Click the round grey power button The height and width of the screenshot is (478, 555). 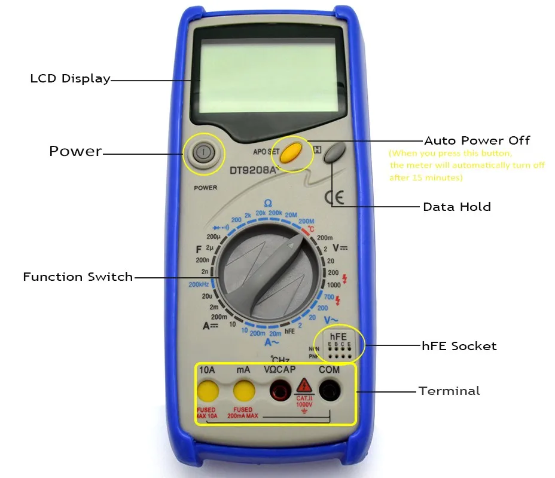pos(204,153)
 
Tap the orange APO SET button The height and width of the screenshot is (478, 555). pos(290,153)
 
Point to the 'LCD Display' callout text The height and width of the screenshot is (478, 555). pos(70,78)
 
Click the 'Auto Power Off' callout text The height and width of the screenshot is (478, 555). pos(477,141)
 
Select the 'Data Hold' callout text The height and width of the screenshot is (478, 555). pos(456,207)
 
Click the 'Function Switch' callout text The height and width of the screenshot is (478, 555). pos(78,277)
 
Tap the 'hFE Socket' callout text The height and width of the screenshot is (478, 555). pos(459,346)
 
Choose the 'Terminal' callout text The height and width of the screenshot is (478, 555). pos(449,391)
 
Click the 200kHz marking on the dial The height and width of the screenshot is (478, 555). pos(198,284)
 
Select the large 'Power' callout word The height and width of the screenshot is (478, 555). pos(75,151)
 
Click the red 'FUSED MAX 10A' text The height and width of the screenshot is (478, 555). pos(206,413)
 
